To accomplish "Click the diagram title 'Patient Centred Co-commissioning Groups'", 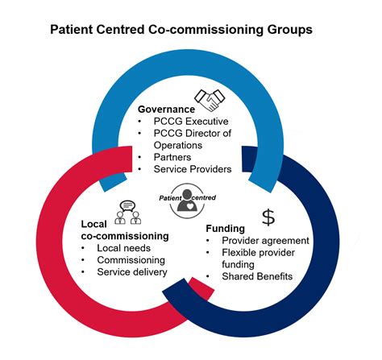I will [191, 30].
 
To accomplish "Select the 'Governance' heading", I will [167, 108].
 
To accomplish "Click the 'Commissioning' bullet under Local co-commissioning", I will [131, 260].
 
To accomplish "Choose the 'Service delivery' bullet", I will [131, 272].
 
